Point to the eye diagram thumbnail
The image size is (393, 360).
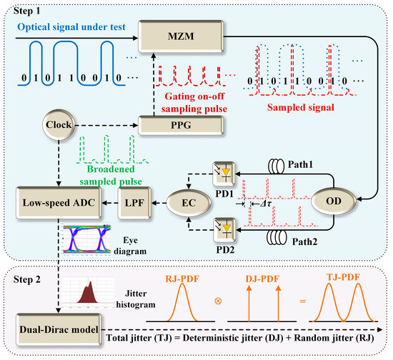click(x=87, y=239)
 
